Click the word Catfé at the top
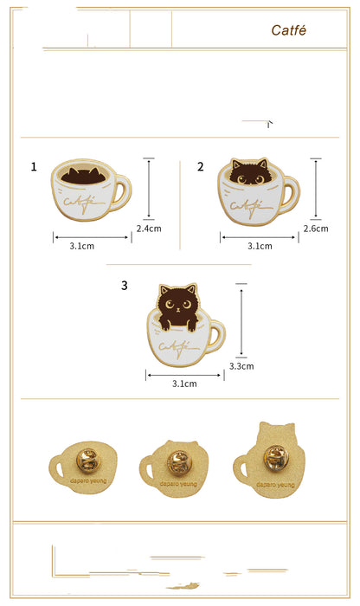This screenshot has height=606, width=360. point(288,30)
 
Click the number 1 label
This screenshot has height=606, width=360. point(34,166)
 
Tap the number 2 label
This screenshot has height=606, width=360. point(201,166)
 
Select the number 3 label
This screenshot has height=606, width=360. point(125,285)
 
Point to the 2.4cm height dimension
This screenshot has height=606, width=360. point(148,229)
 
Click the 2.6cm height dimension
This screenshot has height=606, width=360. point(316,229)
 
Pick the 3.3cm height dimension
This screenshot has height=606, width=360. point(241,366)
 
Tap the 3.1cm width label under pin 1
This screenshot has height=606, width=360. point(83,246)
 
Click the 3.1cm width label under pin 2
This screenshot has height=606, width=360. point(260,246)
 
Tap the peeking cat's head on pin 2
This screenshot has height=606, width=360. point(249,174)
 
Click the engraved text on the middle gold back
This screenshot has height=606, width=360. point(177,487)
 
